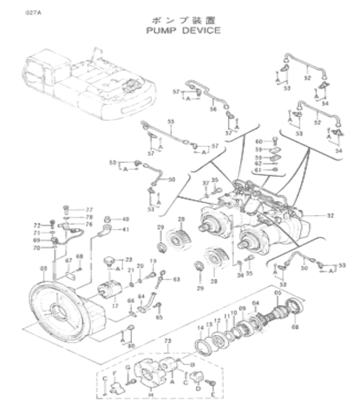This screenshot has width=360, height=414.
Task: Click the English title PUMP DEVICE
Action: (179, 30)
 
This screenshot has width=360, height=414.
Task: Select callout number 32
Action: (330, 215)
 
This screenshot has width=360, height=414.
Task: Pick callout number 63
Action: (176, 279)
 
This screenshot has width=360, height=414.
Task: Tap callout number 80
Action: (130, 345)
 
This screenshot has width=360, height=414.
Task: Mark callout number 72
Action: (36, 225)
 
